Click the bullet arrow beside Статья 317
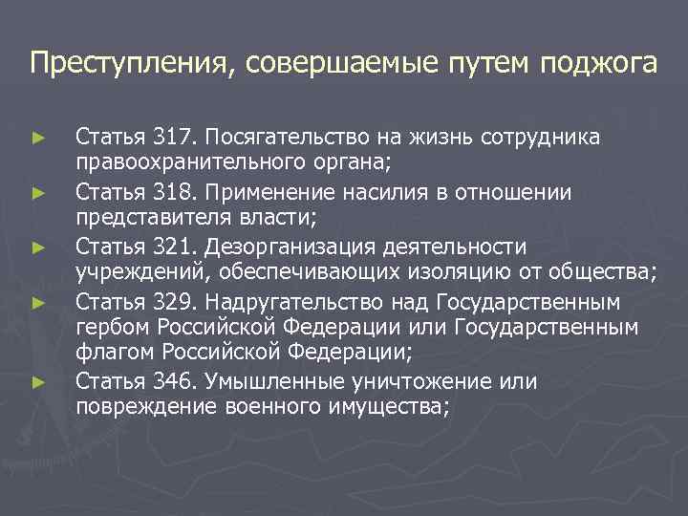37,139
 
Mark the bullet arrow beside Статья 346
37,383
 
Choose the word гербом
106,328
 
